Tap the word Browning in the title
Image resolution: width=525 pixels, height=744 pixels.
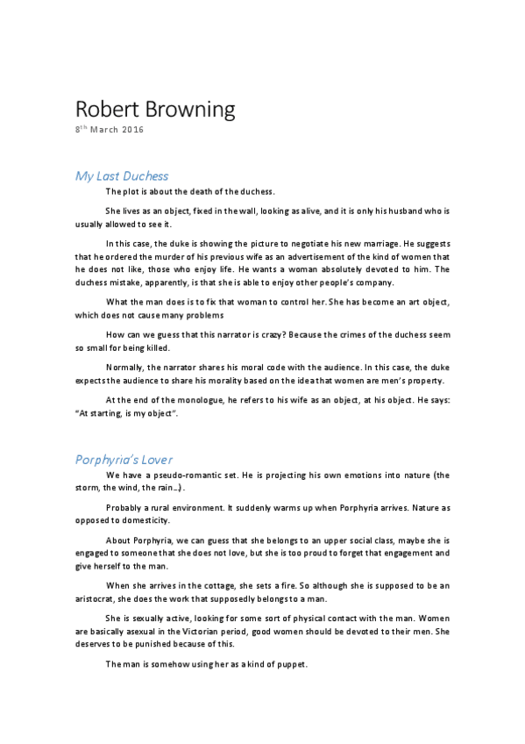188,111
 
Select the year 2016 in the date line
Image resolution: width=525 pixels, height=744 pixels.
131,131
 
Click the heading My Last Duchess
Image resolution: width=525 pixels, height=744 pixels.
121,175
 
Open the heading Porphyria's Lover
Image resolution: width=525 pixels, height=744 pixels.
123,458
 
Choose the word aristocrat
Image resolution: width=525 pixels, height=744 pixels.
98,598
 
